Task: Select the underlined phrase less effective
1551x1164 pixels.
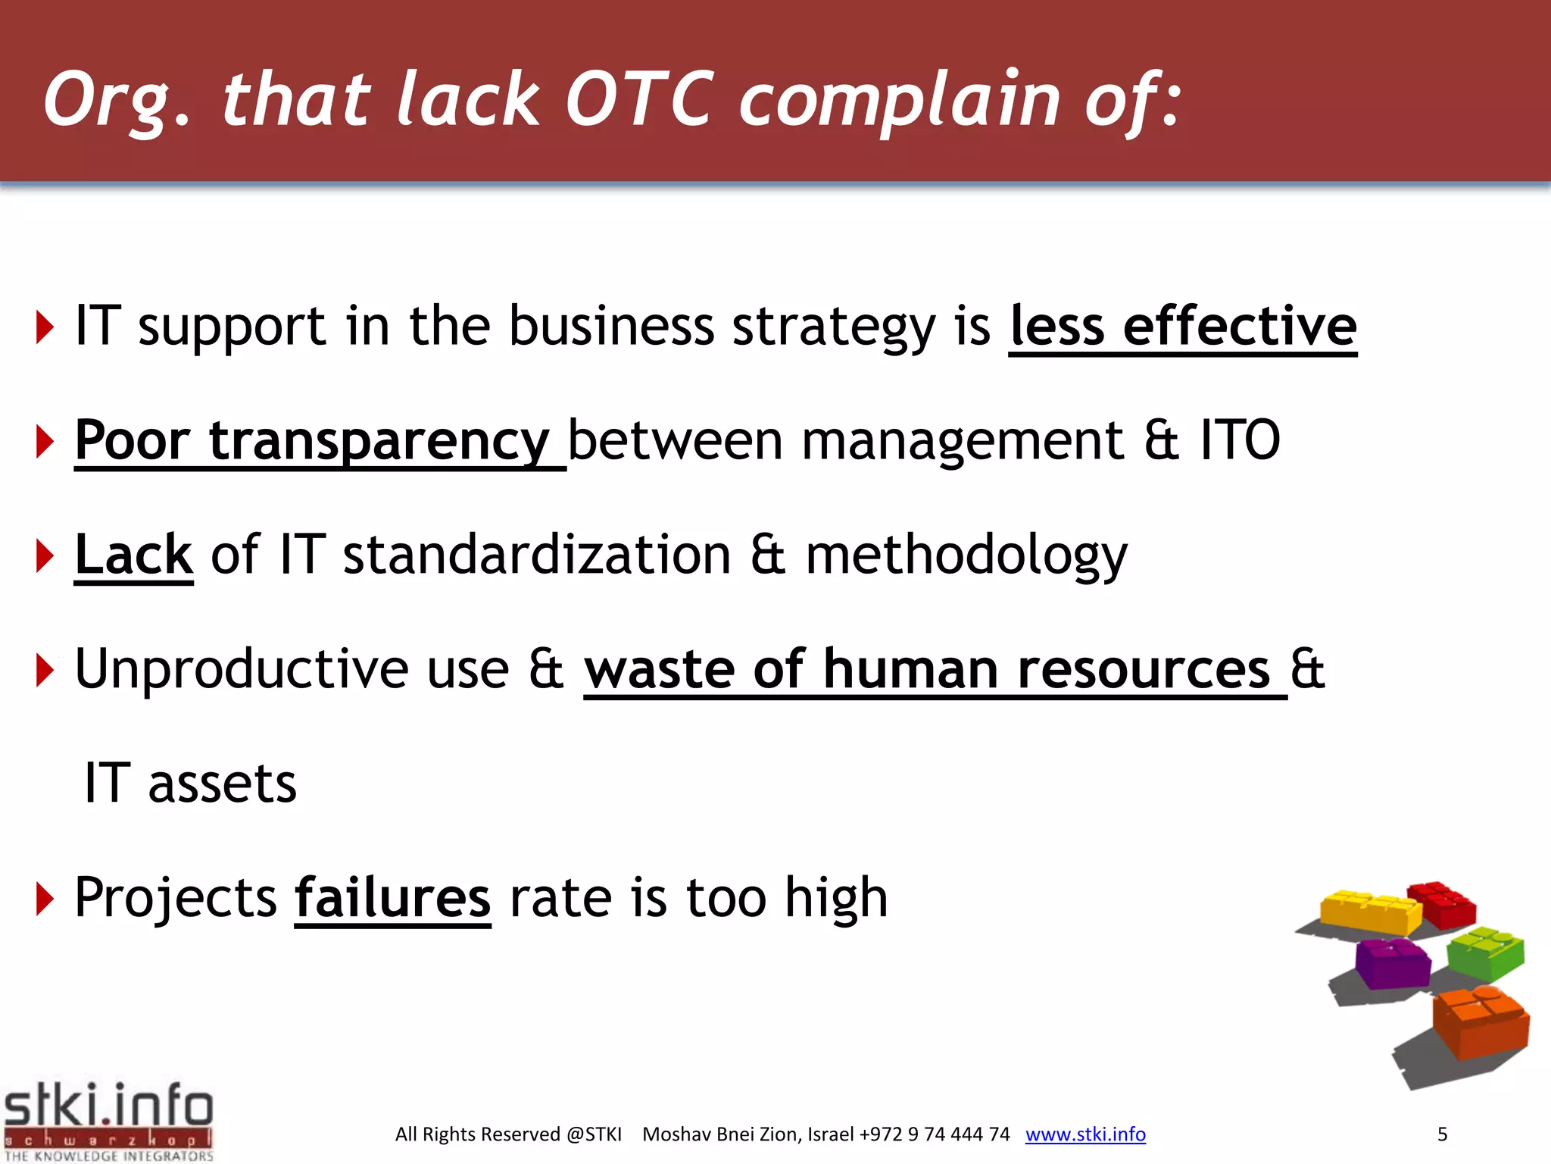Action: tap(1183, 327)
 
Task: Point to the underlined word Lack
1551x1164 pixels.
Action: tap(134, 555)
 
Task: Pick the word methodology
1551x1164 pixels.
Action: tap(966, 556)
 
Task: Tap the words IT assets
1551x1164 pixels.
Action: tap(190, 784)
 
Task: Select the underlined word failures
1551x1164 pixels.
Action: tap(392, 898)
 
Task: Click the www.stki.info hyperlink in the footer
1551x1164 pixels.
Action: tap(1085, 1134)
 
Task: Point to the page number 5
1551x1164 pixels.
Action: tap(1442, 1134)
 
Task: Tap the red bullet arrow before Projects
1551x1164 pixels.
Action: tap(45, 900)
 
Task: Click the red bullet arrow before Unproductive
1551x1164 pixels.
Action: tap(45, 671)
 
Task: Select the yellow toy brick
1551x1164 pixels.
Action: tap(1369, 912)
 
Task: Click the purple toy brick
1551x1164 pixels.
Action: tap(1392, 962)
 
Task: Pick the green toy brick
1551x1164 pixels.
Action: tap(1484, 953)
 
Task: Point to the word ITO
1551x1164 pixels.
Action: tap(1240, 441)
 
